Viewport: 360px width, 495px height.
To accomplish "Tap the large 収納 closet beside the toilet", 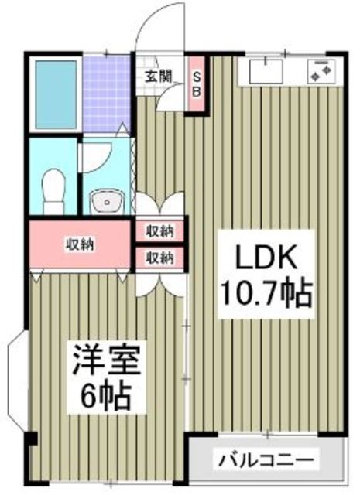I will coord(80,244).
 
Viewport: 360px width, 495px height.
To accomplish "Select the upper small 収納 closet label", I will coord(160,230).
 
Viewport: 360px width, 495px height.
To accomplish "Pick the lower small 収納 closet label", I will coord(160,257).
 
